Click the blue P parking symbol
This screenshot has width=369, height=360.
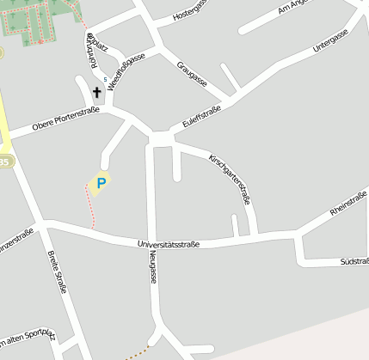(101, 182)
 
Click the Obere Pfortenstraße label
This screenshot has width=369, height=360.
(66, 119)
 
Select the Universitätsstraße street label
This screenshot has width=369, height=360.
(169, 245)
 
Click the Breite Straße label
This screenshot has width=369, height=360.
(58, 271)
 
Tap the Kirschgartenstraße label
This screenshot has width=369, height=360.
(230, 178)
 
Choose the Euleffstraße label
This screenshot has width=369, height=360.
(202, 118)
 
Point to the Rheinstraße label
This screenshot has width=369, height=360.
(349, 206)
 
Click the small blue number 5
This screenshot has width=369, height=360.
(106, 80)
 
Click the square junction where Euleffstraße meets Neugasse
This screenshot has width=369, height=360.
(160, 138)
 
